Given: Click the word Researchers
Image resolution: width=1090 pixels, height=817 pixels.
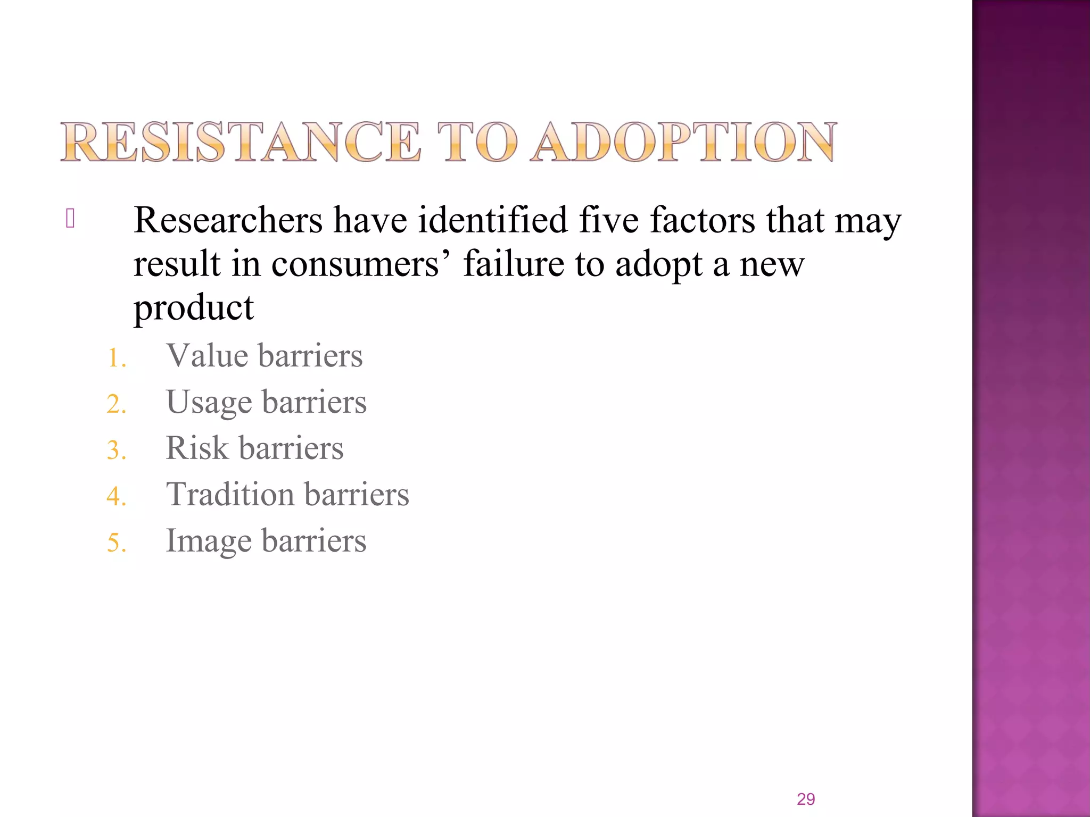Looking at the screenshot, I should coord(228,220).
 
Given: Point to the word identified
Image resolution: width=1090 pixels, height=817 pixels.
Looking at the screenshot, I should coord(493,220).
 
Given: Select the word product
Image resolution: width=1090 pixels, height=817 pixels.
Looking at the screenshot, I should coord(194,309).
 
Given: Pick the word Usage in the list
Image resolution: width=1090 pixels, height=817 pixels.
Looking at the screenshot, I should coord(209,403).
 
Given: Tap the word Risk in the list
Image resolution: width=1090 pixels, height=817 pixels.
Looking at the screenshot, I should coord(197,448).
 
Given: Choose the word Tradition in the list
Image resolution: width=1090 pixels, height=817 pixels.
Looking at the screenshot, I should coord(230,494).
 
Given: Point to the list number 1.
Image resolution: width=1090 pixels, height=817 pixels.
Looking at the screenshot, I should coord(116,358).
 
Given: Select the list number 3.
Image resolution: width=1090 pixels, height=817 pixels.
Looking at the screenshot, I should coord(116,451).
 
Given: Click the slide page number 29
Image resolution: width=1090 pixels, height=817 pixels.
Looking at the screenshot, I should coord(806,799).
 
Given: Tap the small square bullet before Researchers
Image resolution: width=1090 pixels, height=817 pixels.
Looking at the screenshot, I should coord(70,219).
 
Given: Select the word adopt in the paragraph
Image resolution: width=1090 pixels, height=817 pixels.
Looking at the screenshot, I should coord(659,264).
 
